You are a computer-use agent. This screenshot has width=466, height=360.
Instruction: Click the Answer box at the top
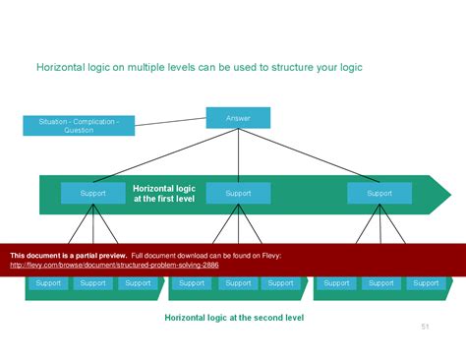tap(238, 118)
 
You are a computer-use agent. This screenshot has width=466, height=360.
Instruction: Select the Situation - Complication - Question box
tap(79, 126)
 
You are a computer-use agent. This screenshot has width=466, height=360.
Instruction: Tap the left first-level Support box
tap(92, 194)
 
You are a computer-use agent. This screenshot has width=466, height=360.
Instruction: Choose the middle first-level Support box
tap(238, 194)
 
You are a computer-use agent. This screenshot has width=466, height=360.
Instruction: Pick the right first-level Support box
tap(379, 194)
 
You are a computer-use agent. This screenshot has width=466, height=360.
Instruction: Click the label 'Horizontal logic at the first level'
tap(164, 193)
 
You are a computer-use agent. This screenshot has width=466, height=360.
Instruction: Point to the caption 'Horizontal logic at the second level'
tap(234, 318)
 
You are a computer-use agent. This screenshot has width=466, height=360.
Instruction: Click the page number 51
tap(426, 327)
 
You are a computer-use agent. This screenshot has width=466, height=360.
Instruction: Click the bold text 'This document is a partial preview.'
tap(68, 255)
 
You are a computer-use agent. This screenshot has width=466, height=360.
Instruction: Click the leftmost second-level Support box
tap(47, 283)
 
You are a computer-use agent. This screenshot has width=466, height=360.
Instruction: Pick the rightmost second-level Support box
tap(426, 283)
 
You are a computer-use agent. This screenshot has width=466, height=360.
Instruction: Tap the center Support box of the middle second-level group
tap(238, 283)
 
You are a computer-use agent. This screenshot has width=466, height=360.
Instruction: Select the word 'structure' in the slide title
tap(283, 68)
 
